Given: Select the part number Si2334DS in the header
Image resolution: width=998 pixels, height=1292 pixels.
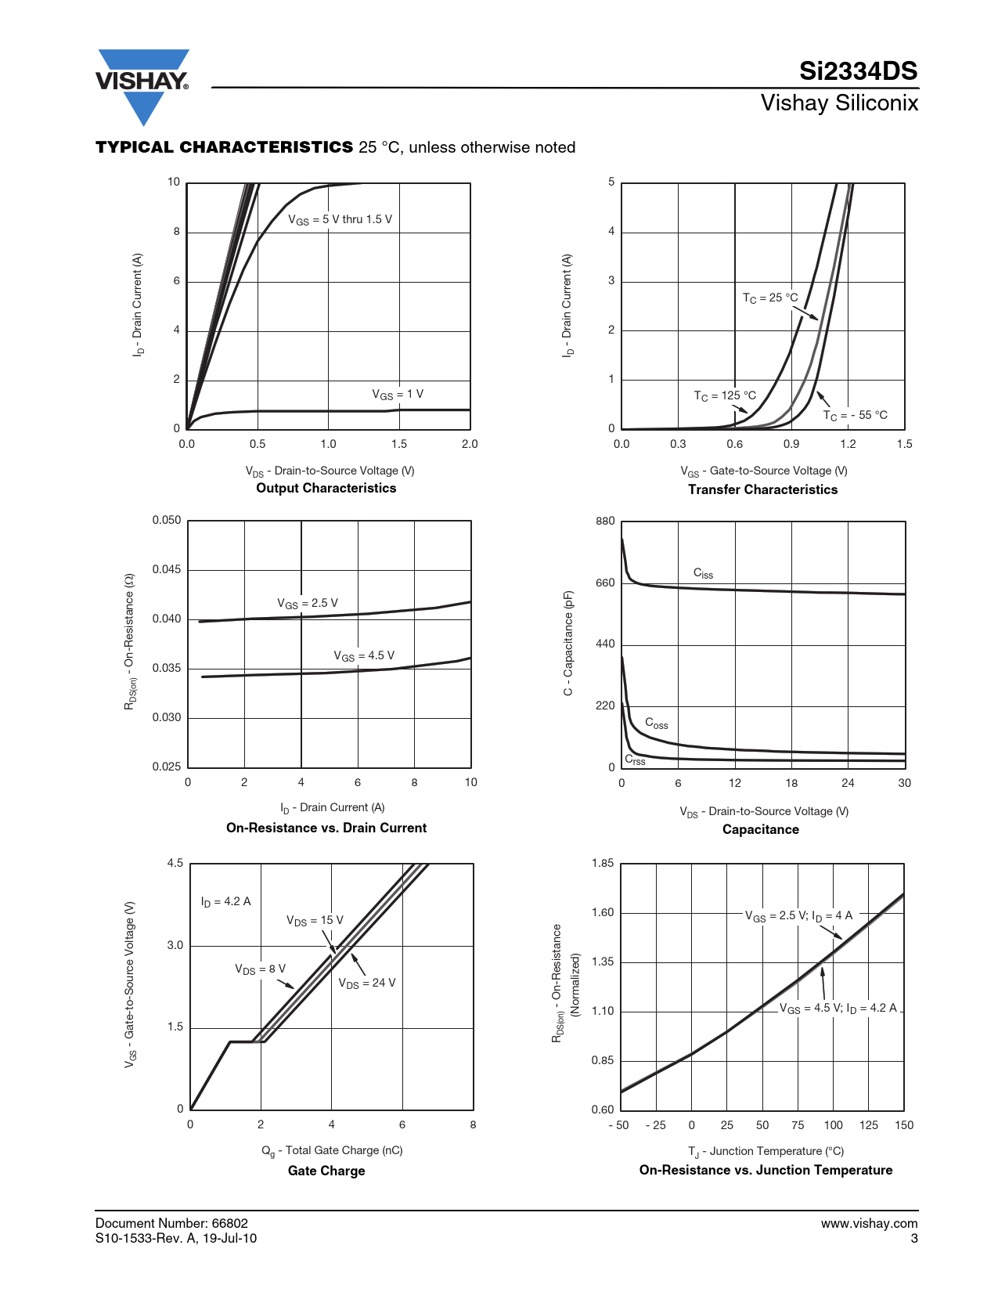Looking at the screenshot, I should coord(858,71).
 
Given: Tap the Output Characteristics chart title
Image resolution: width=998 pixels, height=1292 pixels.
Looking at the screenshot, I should coord(326,488).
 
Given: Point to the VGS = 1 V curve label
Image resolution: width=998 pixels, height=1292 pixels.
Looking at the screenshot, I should coord(398,395).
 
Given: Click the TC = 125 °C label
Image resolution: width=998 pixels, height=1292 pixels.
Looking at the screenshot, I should coord(725,395).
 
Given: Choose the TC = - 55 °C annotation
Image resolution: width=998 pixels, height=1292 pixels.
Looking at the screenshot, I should coord(855,415).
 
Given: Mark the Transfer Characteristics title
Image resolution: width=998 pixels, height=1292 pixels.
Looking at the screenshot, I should coord(762,489).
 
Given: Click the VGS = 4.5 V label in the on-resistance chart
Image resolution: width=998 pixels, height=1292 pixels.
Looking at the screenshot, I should coord(364,655).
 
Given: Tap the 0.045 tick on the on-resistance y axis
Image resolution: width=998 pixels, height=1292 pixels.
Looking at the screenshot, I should coord(167,569).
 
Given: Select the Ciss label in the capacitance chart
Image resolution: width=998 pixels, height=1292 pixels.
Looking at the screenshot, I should coord(703,573).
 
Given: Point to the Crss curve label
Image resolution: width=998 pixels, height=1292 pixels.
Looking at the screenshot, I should coord(635,760).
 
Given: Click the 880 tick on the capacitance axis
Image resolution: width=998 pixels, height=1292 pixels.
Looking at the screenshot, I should coord(605,521).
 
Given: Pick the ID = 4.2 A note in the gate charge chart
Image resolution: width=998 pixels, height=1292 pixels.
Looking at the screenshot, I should coord(225,901).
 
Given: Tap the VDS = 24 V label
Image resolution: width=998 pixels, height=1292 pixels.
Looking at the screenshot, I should coord(367,983).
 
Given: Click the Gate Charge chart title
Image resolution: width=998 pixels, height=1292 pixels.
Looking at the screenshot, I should coord(326,1171).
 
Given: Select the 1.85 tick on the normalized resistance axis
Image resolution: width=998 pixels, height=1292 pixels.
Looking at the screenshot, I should coord(603,863).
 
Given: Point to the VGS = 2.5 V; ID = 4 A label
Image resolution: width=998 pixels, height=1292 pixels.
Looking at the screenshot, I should coord(798,915).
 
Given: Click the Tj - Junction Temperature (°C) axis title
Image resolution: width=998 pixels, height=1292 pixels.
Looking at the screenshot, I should coord(766,1151).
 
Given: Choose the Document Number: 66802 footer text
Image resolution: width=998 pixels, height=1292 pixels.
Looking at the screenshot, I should coord(171,1223).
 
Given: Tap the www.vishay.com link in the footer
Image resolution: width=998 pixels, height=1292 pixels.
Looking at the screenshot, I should coord(869,1223).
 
